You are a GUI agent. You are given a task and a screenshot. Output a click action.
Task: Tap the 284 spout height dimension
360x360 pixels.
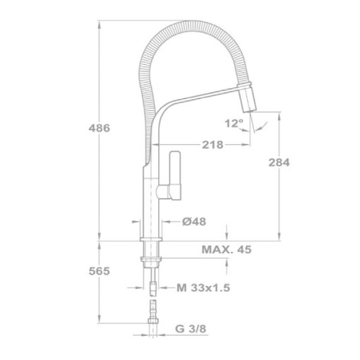click(280, 162)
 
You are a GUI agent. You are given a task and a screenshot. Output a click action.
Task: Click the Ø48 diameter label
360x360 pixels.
click(193, 221)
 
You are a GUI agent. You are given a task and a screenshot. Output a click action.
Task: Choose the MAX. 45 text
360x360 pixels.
click(226, 249)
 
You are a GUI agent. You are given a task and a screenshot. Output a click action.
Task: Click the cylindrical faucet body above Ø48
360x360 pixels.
click(150, 205)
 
